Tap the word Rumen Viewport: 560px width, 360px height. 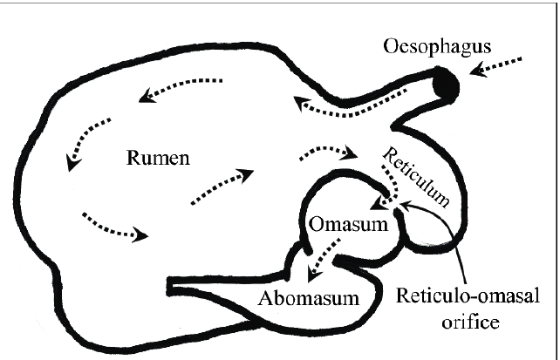155,159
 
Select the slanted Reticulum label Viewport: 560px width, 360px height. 418,175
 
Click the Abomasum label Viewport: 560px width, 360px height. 310,299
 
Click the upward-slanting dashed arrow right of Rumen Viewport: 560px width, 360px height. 222,186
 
